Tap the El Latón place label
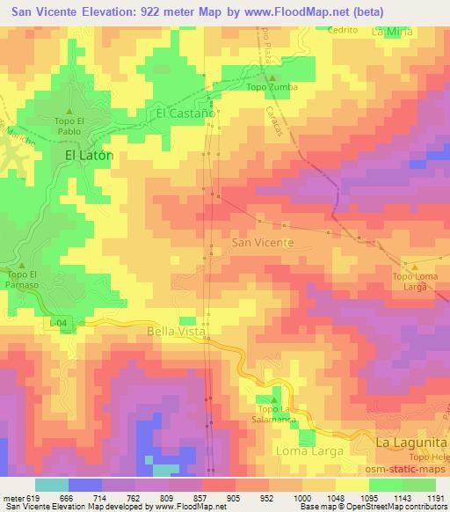(x=90, y=154)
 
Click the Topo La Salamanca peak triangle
(x=271, y=400)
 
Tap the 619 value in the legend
(x=32, y=497)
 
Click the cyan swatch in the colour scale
(x=52, y=484)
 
